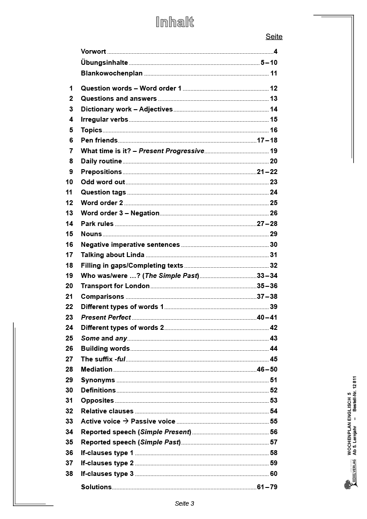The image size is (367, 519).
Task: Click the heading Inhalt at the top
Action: tap(175, 22)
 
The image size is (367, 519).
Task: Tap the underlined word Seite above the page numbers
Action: tap(274, 37)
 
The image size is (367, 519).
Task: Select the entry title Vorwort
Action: tap(93, 52)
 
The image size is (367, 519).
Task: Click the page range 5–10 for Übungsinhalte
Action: tap(269, 63)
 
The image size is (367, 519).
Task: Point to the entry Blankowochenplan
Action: tap(111, 73)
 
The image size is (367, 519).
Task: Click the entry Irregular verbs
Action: tap(104, 119)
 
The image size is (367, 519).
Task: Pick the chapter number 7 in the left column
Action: tap(71, 151)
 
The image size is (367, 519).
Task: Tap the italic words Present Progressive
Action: tap(171, 151)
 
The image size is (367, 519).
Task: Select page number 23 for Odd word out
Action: tap(273, 182)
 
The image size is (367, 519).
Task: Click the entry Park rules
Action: tap(97, 224)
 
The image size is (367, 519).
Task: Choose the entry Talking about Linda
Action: tap(112, 255)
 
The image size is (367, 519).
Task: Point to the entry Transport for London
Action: tap(115, 286)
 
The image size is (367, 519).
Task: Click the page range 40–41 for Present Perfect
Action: tap(267, 317)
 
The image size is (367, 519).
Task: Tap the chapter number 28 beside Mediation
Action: tap(69, 369)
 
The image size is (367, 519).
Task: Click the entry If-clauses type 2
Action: tap(107, 463)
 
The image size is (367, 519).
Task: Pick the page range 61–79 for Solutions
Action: tap(267, 487)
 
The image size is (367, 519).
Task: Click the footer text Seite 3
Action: tap(184, 503)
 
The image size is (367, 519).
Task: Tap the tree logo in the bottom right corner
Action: tap(349, 482)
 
